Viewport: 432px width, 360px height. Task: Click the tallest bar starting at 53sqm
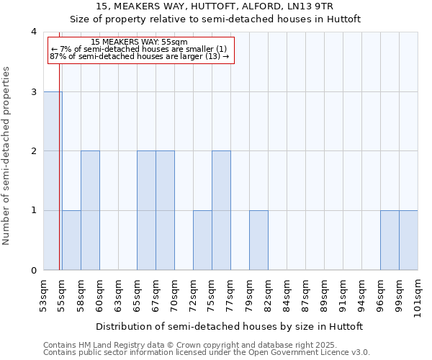[53, 181]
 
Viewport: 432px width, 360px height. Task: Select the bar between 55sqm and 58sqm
[71, 240]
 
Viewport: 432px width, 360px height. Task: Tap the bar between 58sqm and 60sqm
[90, 210]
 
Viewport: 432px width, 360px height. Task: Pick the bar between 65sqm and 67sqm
[146, 210]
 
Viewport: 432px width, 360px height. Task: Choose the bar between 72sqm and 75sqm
[202, 240]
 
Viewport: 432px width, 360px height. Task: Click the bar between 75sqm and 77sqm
[221, 210]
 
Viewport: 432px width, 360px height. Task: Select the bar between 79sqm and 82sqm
[258, 240]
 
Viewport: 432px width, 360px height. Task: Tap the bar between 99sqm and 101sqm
[408, 240]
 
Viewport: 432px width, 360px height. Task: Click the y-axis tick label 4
[33, 32]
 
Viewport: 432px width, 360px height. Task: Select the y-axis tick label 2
[33, 151]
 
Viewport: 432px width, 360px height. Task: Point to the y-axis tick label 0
[33, 271]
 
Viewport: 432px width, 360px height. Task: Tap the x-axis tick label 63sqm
[118, 292]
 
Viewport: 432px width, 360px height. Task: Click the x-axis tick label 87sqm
[305, 292]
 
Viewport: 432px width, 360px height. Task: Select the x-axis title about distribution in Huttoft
[230, 326]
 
